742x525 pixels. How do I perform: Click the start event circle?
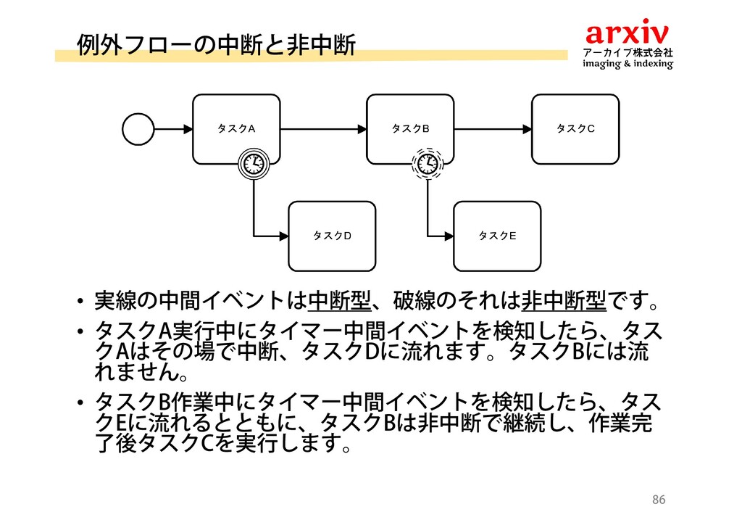click(x=138, y=129)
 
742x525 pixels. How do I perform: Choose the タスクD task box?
click(x=332, y=236)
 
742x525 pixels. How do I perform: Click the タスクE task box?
click(x=497, y=236)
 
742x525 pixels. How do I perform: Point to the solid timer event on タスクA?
click(x=254, y=163)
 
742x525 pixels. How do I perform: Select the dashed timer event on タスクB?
click(x=428, y=164)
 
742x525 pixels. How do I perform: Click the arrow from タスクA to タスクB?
click(x=323, y=129)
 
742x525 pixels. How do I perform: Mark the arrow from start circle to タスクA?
click(x=172, y=129)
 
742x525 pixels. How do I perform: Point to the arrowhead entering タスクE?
click(x=449, y=236)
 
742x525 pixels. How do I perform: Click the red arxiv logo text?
click(x=628, y=32)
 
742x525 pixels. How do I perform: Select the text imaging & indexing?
click(x=628, y=65)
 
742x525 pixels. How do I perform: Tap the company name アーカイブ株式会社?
click(x=628, y=52)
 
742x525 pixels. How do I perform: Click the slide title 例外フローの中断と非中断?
click(x=216, y=45)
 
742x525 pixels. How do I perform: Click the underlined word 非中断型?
click(x=563, y=299)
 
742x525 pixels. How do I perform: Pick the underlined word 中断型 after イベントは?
click(x=340, y=299)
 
